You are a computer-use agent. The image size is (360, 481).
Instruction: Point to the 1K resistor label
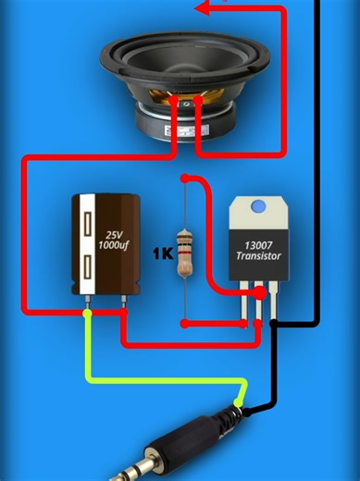[163, 252]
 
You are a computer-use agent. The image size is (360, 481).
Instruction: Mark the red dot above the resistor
[185, 178]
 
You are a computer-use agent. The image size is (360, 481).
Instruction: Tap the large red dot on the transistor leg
[260, 293]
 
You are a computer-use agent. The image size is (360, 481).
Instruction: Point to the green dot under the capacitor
[88, 314]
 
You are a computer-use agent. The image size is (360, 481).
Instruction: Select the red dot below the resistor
[185, 324]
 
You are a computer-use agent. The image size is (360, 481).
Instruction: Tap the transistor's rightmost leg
[275, 305]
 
